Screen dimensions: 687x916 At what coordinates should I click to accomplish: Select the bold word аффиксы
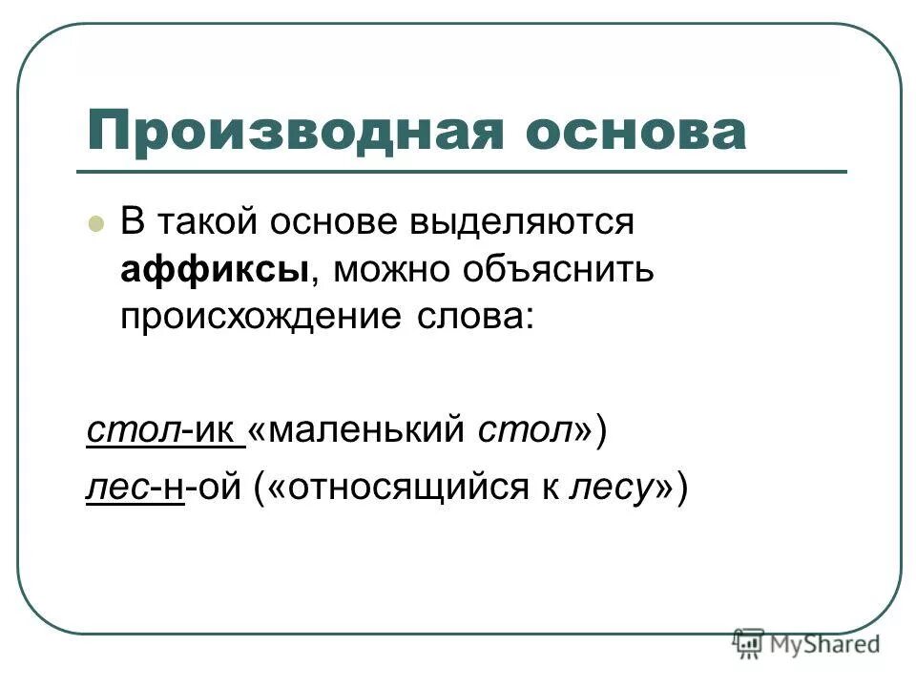pos(214,271)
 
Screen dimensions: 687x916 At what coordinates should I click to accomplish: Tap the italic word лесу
pos(609,489)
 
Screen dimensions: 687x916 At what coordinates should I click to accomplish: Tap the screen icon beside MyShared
pos(749,644)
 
